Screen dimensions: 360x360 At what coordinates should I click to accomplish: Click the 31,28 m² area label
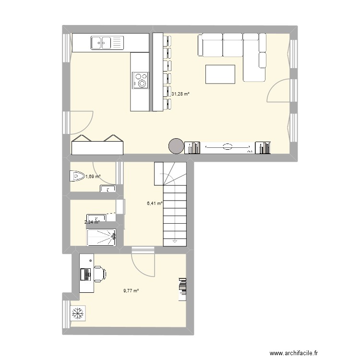pyautogui.click(x=180, y=94)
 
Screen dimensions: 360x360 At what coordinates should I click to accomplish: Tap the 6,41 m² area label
pyautogui.click(x=155, y=204)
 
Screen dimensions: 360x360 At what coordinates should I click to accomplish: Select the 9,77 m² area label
pyautogui.click(x=131, y=290)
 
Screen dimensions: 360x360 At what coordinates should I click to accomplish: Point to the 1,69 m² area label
pyautogui.click(x=93, y=176)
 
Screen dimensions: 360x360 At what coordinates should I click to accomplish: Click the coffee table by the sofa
pyautogui.click(x=220, y=74)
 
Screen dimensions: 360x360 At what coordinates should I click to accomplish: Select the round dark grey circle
pyautogui.click(x=176, y=146)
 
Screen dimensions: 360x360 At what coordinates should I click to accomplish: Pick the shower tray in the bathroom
pyautogui.click(x=101, y=237)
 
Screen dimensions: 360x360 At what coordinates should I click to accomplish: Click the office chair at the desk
pyautogui.click(x=100, y=274)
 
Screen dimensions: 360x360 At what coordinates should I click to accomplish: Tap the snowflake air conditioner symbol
pyautogui.click(x=76, y=314)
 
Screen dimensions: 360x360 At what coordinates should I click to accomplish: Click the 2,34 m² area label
pyautogui.click(x=92, y=222)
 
